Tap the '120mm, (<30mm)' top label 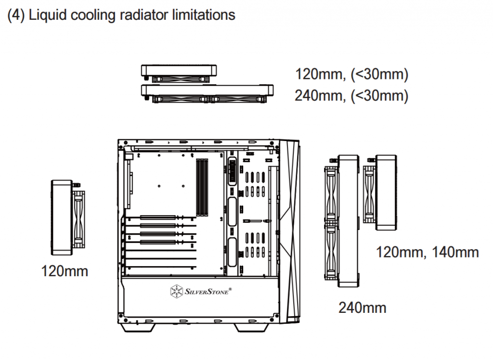(x=352, y=75)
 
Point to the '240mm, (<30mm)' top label (x=352, y=96)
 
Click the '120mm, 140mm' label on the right (x=427, y=252)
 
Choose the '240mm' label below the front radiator (x=362, y=307)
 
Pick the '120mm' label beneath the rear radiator (x=65, y=271)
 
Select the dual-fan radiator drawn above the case (x=208, y=92)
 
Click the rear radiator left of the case (x=67, y=217)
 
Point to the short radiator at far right (x=383, y=191)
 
